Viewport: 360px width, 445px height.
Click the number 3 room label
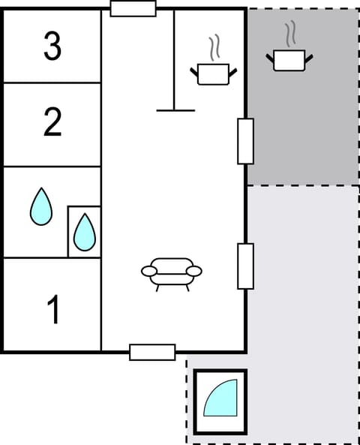tap(52, 46)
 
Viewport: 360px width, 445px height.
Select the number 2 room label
tap(52, 122)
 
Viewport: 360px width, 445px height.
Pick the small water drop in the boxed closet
tap(84, 233)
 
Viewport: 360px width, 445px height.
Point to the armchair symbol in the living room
tap(172, 274)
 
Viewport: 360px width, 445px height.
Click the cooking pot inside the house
tap(214, 73)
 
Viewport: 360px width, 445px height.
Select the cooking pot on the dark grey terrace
tap(289, 59)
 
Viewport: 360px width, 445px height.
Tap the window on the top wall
tap(133, 9)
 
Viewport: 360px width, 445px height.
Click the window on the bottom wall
tap(152, 352)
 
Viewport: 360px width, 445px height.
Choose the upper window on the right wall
tap(245, 141)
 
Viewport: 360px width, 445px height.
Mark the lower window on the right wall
tap(245, 266)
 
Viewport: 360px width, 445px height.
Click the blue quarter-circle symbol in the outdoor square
tap(221, 399)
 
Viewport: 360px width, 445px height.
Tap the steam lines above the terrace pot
tap(290, 34)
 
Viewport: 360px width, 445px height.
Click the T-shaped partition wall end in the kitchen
tap(175, 110)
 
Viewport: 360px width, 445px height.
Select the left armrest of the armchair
tap(148, 271)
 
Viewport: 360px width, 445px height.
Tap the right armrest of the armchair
tap(195, 271)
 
